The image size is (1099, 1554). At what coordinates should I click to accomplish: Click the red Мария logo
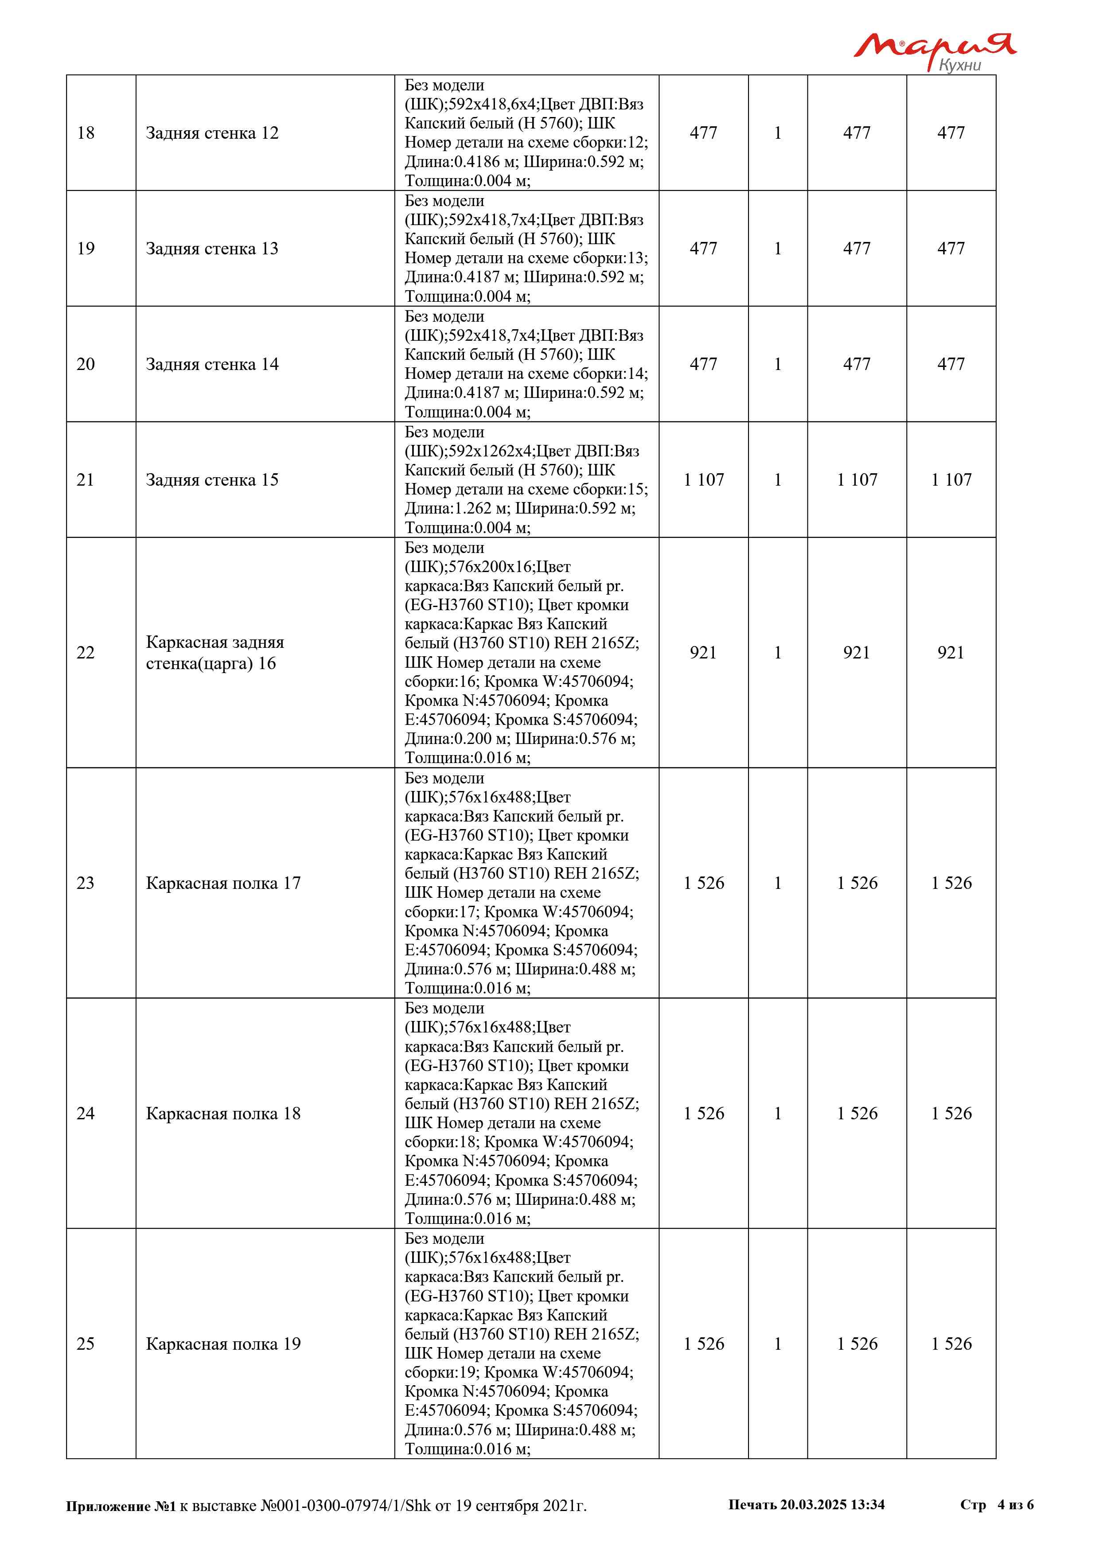point(934,46)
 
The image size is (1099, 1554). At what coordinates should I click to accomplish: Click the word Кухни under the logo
point(959,65)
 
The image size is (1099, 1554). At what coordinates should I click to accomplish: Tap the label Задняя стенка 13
point(212,249)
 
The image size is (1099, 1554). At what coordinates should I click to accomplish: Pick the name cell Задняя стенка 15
point(212,480)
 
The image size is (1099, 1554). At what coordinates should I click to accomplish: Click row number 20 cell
point(86,364)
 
